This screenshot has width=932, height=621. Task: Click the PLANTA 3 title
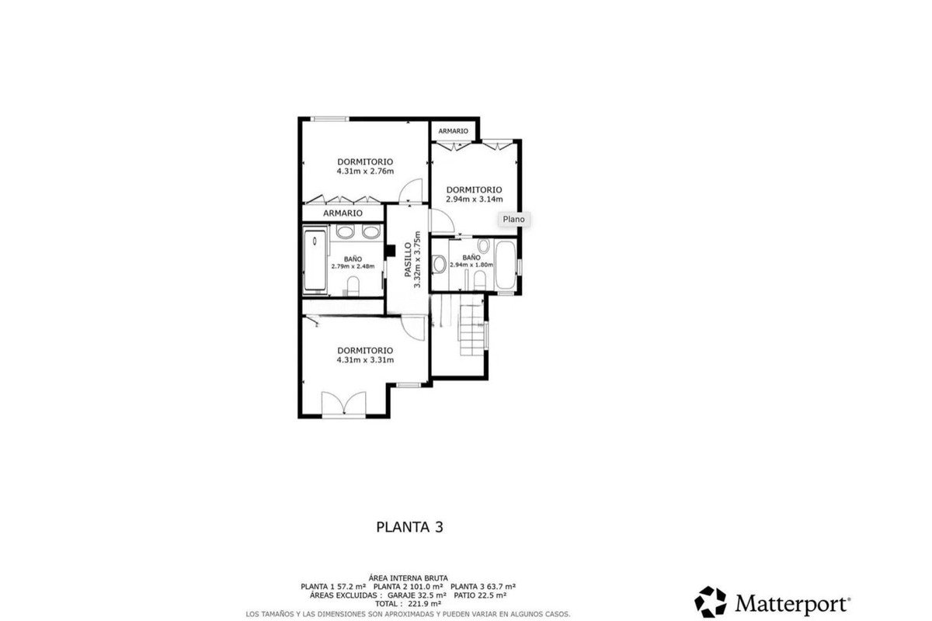click(x=410, y=527)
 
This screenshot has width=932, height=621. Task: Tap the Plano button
click(x=514, y=219)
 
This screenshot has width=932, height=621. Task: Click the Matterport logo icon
click(x=710, y=602)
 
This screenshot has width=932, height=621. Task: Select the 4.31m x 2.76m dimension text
click(x=365, y=172)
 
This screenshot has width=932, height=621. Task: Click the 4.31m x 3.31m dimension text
click(x=365, y=360)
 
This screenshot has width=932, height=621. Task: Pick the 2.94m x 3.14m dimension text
click(x=475, y=199)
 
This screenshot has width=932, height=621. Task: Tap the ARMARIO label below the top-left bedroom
click(x=343, y=213)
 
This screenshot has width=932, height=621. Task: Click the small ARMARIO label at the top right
click(x=453, y=131)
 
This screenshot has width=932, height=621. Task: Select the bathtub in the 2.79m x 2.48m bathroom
click(x=315, y=260)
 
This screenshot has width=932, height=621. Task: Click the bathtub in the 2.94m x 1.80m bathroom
click(x=506, y=265)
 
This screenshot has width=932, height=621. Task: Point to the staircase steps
click(x=472, y=329)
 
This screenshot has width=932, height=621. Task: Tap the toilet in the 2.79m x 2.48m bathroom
click(x=353, y=286)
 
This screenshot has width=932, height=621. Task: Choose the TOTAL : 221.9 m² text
click(x=408, y=603)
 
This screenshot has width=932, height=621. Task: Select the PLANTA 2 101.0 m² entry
click(x=408, y=587)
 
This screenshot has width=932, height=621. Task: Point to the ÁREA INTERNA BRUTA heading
click(x=409, y=578)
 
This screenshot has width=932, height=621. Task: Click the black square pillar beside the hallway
click(x=390, y=251)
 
